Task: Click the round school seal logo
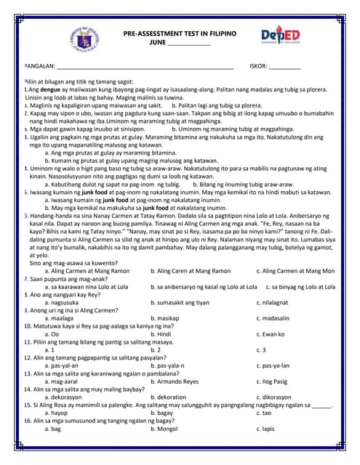click(87, 37)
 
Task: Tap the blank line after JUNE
click(188, 44)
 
